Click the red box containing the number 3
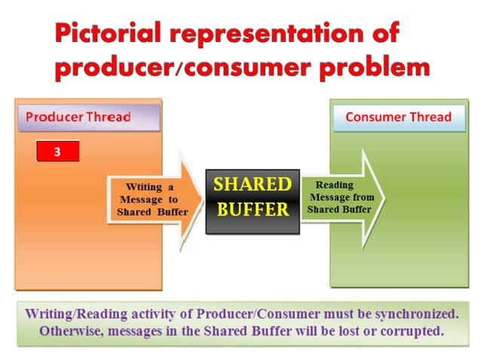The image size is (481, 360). click(57, 151)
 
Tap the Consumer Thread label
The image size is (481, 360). click(398, 117)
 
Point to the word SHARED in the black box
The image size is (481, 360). click(253, 185)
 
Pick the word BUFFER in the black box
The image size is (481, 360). click(253, 209)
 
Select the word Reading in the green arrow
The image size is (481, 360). click(334, 185)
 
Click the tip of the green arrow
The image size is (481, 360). click(384, 197)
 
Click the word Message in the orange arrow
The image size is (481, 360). click(147, 200)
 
